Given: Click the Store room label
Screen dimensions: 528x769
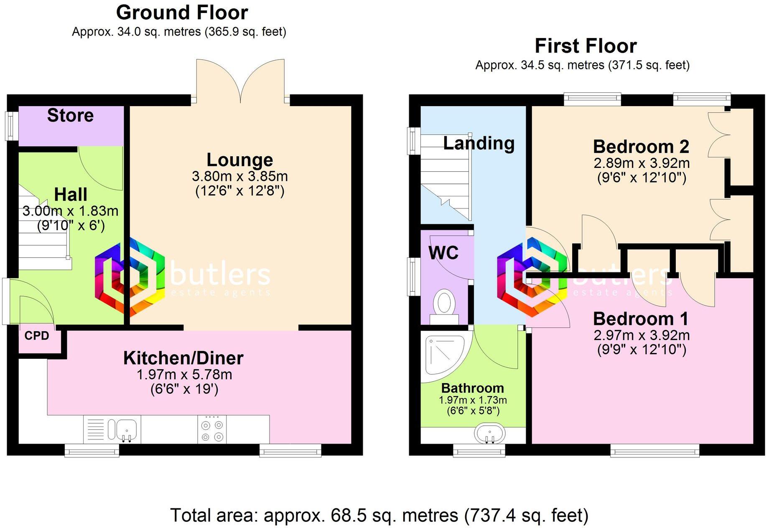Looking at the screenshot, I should pos(70,116).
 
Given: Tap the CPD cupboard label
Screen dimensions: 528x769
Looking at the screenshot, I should pos(37,336).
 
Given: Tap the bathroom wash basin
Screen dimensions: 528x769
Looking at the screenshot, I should pos(489,434).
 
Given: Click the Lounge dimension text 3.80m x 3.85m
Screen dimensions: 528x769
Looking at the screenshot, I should pos(240,176).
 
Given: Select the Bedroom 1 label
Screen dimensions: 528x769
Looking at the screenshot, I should pos(641,319).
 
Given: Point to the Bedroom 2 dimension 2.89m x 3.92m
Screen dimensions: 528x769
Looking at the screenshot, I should pos(642,163).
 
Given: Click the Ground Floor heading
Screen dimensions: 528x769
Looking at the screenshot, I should pos(182,13).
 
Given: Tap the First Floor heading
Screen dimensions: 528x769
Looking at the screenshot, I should pos(586,46).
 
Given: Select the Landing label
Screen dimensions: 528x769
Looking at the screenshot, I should pos(479,143).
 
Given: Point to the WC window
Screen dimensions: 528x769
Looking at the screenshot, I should pos(414,277).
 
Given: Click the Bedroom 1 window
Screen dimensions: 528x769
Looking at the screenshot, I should pos(654,450).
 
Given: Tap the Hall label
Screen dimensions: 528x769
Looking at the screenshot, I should pos(71,195).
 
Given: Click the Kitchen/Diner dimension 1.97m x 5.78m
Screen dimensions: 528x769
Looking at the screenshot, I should pos(184,375).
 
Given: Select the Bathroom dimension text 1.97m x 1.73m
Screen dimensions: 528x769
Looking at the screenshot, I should pos(473,400).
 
